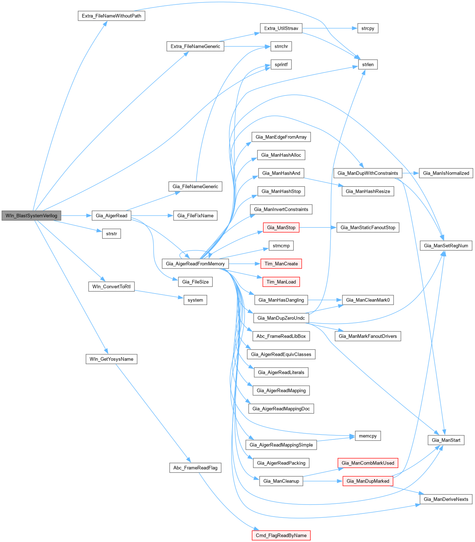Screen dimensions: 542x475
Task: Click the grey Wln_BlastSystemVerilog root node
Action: click(31, 216)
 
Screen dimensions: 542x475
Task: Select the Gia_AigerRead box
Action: click(111, 216)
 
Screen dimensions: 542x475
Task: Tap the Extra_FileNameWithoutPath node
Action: click(111, 16)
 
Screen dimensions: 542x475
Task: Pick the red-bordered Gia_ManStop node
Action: click(281, 227)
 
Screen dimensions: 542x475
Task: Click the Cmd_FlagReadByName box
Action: click(281, 535)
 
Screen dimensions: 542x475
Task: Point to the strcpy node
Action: click(367, 28)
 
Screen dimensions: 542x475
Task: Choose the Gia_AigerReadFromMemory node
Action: click(195, 264)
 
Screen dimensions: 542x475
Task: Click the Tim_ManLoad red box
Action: click(281, 282)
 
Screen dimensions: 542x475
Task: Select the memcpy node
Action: click(367, 436)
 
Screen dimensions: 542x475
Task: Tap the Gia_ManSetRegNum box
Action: click(446, 246)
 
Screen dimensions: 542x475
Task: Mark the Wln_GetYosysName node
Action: click(111, 359)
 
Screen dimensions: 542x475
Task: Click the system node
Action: click(195, 300)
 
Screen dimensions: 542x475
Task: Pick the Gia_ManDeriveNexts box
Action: click(446, 499)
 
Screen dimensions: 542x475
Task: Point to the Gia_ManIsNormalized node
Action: click(446, 173)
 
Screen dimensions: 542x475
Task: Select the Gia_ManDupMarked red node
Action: click(367, 481)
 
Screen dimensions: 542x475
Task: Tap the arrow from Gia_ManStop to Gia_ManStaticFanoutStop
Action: click(318, 227)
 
